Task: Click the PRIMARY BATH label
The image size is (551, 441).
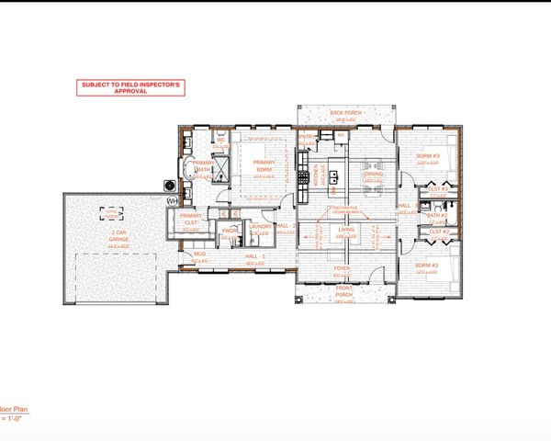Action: (203, 166)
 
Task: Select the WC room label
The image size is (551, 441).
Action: (221, 140)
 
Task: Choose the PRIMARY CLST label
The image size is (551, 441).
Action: (191, 218)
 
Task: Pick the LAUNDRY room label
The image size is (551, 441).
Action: (261, 226)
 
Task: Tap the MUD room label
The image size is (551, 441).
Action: (199, 254)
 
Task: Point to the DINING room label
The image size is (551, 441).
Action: (373, 173)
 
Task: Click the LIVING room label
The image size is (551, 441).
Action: (346, 231)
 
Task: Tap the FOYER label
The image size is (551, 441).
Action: (343, 268)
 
